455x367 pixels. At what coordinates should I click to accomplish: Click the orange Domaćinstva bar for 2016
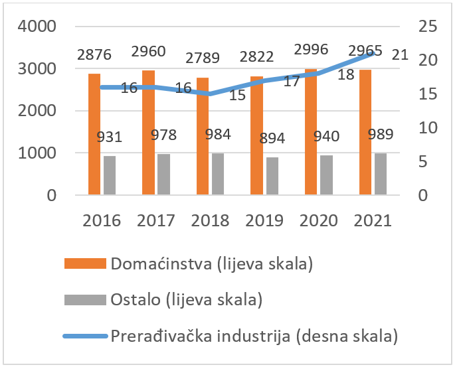(x=94, y=134)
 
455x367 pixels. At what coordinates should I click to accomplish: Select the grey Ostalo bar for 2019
(x=272, y=176)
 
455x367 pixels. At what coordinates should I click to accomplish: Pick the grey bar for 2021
(x=380, y=174)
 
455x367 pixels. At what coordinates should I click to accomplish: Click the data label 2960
(x=149, y=50)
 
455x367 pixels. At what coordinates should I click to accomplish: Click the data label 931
(x=109, y=137)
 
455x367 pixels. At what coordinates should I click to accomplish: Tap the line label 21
(x=400, y=55)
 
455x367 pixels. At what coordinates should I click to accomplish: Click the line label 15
(x=237, y=95)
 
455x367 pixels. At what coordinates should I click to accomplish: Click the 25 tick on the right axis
(x=428, y=27)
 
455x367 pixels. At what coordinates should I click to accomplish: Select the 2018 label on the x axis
(x=211, y=220)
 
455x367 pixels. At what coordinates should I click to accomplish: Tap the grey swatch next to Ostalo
(x=84, y=300)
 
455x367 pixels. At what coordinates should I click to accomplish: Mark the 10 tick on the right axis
(x=428, y=127)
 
